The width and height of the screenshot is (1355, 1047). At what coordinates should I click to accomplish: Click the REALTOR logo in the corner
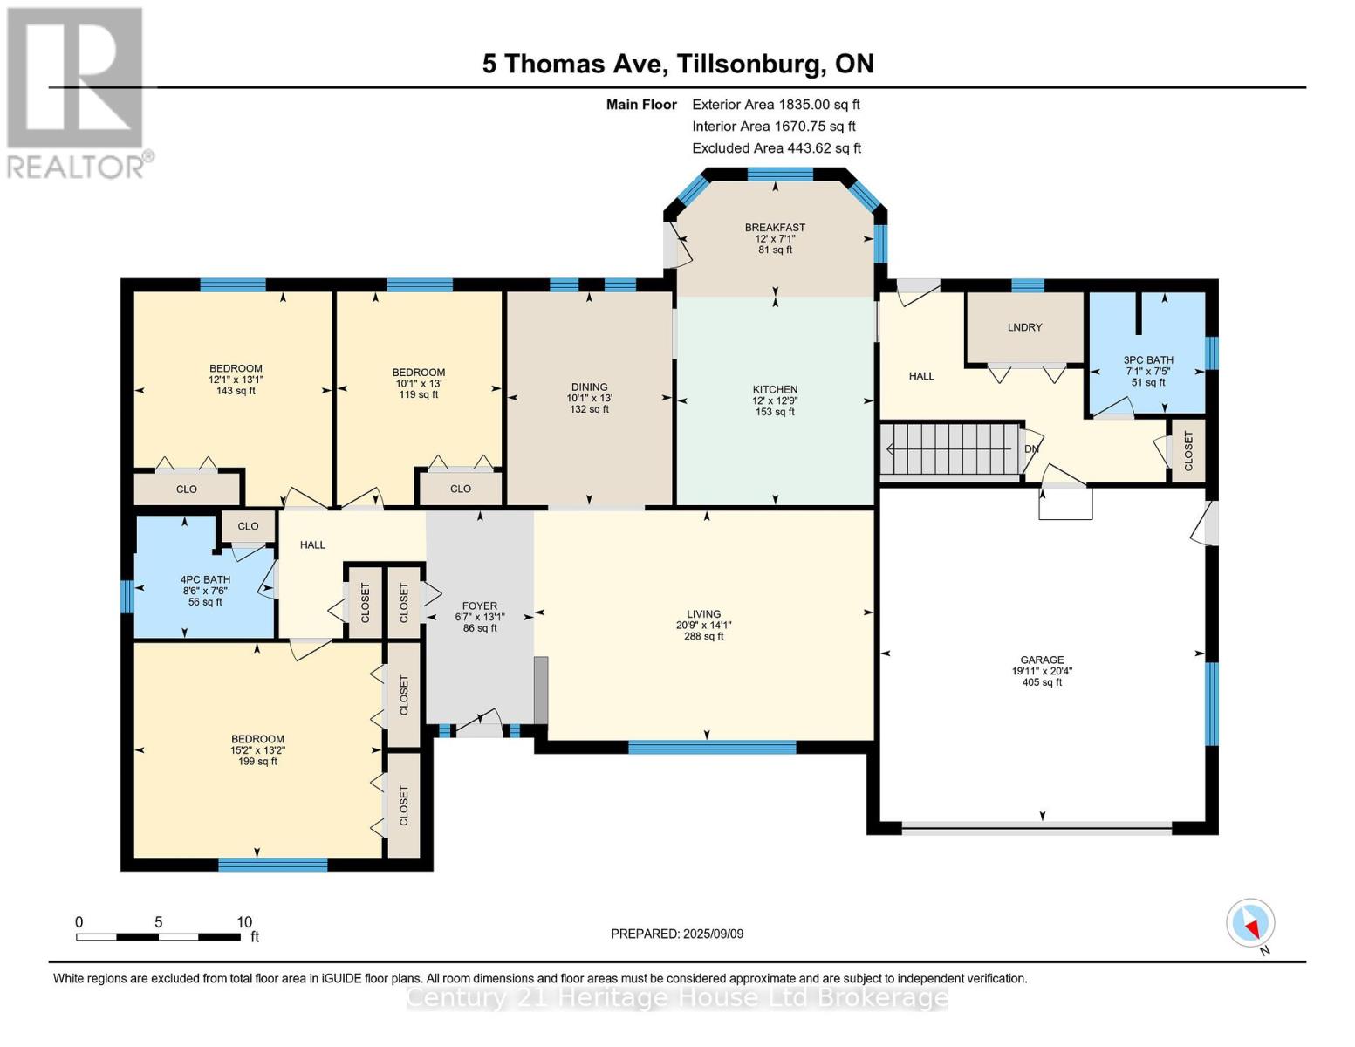point(77,92)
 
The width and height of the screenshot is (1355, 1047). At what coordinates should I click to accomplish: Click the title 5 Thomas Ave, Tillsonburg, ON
point(678,64)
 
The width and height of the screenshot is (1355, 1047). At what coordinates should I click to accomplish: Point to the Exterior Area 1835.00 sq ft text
point(776,105)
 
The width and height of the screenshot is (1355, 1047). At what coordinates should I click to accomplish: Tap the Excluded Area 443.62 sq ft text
point(776,148)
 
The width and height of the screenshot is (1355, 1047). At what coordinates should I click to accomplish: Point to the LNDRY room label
point(1024,327)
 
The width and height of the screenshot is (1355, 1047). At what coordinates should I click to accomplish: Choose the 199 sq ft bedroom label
point(257,750)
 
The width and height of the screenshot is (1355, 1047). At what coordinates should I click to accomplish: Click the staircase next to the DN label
point(950,449)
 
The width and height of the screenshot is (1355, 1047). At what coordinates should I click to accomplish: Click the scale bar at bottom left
point(158,937)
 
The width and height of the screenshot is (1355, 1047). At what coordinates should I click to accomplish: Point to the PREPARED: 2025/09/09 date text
point(677,934)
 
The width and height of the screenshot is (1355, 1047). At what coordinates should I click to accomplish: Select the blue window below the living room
point(712,747)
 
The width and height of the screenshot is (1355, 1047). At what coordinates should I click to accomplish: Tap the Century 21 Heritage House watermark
point(677,997)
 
